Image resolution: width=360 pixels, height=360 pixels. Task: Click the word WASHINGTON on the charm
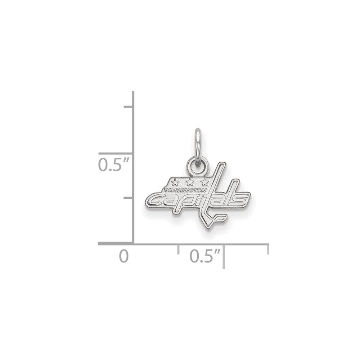[x=185, y=190]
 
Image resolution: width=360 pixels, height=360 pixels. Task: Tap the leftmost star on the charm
[x=175, y=183]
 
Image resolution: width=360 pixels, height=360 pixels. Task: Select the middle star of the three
[x=190, y=182]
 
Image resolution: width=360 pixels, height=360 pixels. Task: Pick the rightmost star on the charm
[x=204, y=182]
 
